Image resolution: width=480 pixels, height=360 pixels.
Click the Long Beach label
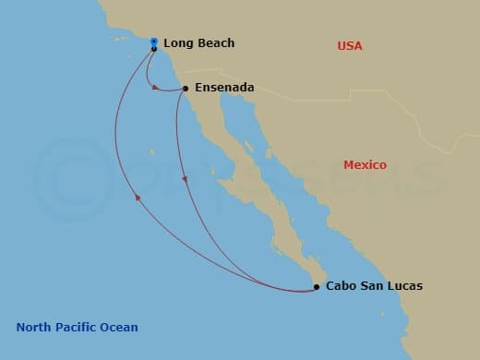[198, 43]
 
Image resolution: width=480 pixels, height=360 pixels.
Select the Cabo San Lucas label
[374, 286]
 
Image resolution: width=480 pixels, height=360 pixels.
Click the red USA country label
[350, 46]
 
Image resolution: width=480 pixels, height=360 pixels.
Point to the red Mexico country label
[365, 165]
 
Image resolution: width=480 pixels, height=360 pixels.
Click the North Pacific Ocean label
[77, 328]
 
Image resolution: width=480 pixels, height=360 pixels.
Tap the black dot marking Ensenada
[186, 89]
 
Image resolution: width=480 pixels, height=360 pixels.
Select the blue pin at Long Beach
[153, 42]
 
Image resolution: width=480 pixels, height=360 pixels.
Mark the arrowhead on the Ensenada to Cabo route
[185, 178]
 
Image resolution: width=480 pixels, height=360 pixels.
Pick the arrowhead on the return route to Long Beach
[138, 197]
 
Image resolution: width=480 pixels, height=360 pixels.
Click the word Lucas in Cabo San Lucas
[404, 286]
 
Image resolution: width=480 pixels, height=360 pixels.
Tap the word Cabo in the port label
[342, 286]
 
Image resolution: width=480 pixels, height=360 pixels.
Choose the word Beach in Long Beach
[215, 43]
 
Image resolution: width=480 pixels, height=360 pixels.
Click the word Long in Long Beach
[177, 43]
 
